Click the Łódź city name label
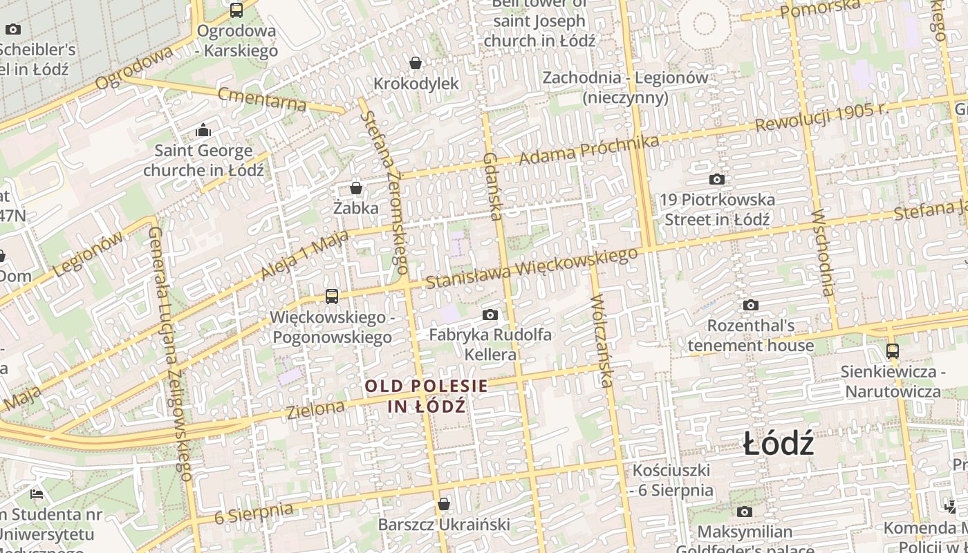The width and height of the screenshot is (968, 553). pos(779,444)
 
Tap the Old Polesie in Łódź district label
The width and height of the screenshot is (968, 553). pos(426,395)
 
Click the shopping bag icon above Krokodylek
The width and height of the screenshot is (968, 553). pos(416,64)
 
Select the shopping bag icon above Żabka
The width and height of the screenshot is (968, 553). pos(356,188)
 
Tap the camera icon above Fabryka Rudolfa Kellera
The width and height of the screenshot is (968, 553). pos(490,315)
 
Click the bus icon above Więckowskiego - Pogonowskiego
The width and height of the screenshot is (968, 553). pos(332,297)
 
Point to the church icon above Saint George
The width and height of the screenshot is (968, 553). pos(203,130)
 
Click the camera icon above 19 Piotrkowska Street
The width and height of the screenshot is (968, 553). pos(717,180)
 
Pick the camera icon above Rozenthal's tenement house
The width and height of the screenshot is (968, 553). pos(750,305)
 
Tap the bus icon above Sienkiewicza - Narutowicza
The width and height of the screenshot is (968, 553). pos(893,351)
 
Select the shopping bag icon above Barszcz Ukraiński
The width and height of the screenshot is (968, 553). pos(444,505)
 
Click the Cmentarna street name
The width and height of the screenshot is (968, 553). pos(262,99)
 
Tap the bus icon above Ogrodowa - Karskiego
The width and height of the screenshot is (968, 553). pos(236,10)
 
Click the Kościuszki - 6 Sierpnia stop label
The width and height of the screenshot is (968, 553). pos(671,480)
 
